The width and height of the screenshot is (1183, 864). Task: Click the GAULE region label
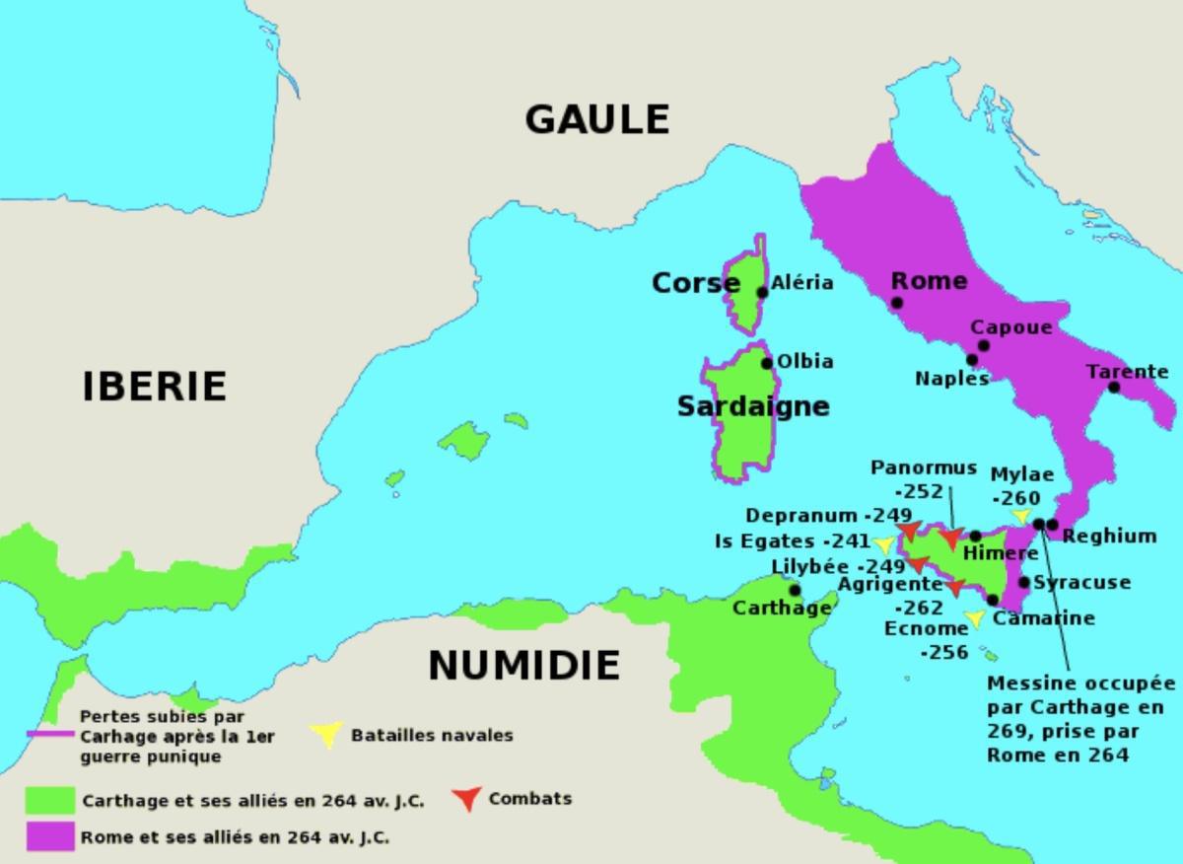596,119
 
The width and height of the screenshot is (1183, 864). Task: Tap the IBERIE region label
154,386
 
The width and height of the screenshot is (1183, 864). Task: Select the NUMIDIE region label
523,666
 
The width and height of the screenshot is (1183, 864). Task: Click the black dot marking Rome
896,303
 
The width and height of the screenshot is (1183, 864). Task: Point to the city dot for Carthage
795,590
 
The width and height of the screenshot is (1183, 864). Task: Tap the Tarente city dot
1114,387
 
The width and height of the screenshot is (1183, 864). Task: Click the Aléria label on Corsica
801,283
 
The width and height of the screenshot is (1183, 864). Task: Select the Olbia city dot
767,363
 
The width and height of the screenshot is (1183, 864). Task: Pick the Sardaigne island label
753,406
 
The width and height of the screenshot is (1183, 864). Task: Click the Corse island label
695,284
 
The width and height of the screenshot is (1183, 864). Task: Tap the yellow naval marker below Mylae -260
1021,516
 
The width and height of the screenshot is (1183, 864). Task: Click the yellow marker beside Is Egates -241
884,543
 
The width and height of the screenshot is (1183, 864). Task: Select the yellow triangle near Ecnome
975,618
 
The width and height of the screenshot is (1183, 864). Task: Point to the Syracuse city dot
1024,583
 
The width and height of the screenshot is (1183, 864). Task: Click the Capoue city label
1010,327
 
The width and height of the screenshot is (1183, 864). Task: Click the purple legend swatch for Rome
50,836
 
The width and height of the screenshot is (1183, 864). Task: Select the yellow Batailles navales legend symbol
326,734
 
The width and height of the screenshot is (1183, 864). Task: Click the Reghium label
1109,536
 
